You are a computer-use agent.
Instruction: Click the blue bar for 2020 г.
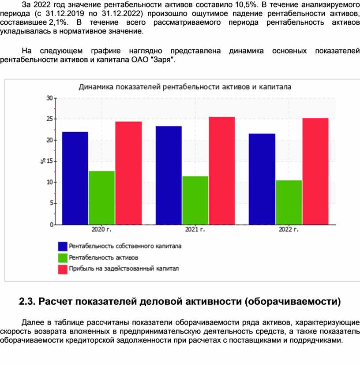75,178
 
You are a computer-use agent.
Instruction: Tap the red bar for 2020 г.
128,173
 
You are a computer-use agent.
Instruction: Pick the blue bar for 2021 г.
169,175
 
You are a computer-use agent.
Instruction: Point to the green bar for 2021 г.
195,200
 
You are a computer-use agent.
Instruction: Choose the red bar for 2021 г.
222,171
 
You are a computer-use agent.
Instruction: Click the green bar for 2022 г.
289,202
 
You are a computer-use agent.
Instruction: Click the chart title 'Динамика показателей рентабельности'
185,87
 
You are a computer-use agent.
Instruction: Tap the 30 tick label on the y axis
49,98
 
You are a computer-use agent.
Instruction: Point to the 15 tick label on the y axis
49,161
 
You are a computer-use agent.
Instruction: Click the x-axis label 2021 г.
195,230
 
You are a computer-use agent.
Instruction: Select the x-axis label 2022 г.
289,230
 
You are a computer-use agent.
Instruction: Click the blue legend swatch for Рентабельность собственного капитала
63,246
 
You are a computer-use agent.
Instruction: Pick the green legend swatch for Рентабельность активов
63,258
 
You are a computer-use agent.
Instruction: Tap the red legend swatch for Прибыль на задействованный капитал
63,269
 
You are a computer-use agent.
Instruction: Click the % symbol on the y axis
43,161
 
